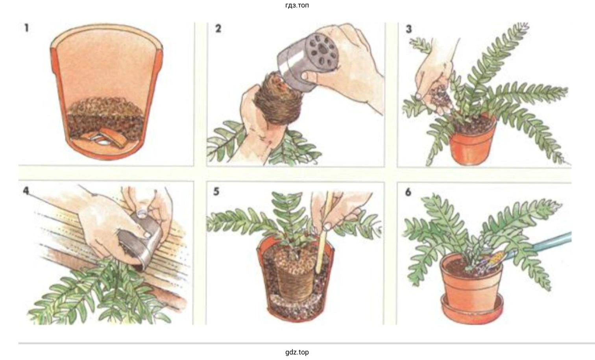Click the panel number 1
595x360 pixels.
click(26, 28)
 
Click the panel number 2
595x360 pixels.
click(218, 28)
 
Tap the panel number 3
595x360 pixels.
click(408, 29)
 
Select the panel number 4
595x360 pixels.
click(26, 190)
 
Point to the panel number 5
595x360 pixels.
click(216, 192)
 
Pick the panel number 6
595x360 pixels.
click(408, 192)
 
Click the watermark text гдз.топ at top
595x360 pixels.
click(297, 5)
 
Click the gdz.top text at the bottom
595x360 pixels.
click(297, 352)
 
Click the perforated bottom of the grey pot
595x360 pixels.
click(322, 53)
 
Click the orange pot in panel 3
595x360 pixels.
click(472, 141)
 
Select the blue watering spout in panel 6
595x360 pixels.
click(542, 244)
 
